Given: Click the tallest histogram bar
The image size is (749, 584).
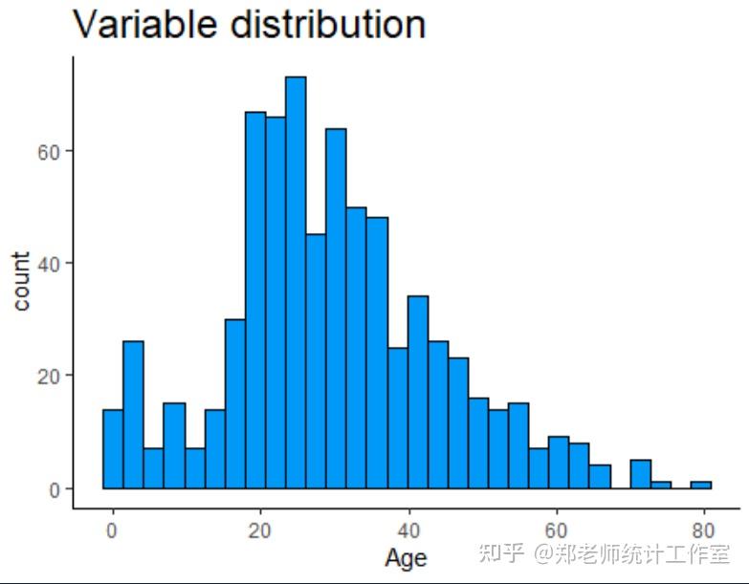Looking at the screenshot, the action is click(x=296, y=283).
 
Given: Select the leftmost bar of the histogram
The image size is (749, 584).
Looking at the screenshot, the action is click(x=113, y=449).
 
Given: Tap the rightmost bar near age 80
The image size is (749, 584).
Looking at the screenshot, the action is click(x=701, y=486).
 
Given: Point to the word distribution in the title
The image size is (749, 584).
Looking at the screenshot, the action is click(x=329, y=24).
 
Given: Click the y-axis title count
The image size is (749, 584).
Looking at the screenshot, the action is click(x=20, y=282).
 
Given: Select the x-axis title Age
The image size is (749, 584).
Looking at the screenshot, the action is click(x=406, y=559).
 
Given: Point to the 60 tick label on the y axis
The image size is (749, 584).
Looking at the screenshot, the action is click(x=49, y=152).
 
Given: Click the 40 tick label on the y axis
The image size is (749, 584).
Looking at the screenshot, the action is click(x=49, y=264).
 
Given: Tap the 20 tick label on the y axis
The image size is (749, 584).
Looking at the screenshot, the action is click(x=49, y=377).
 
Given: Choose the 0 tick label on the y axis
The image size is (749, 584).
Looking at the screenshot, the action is click(x=55, y=489).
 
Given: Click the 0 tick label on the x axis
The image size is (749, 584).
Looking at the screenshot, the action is click(x=112, y=530).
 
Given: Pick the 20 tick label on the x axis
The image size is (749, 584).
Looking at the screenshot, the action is click(x=259, y=530).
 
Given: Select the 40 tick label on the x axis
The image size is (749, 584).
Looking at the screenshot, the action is click(x=408, y=530).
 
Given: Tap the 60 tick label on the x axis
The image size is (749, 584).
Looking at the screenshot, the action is click(x=557, y=530).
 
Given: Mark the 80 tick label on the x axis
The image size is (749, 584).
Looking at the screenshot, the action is click(x=703, y=530).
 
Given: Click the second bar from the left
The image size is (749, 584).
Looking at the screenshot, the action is click(x=133, y=415).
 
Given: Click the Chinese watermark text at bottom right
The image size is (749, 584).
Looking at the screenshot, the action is click(x=605, y=553).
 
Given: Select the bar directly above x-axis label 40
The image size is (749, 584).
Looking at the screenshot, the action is click(x=418, y=392).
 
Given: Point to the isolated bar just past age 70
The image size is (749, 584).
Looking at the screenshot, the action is click(x=641, y=474).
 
